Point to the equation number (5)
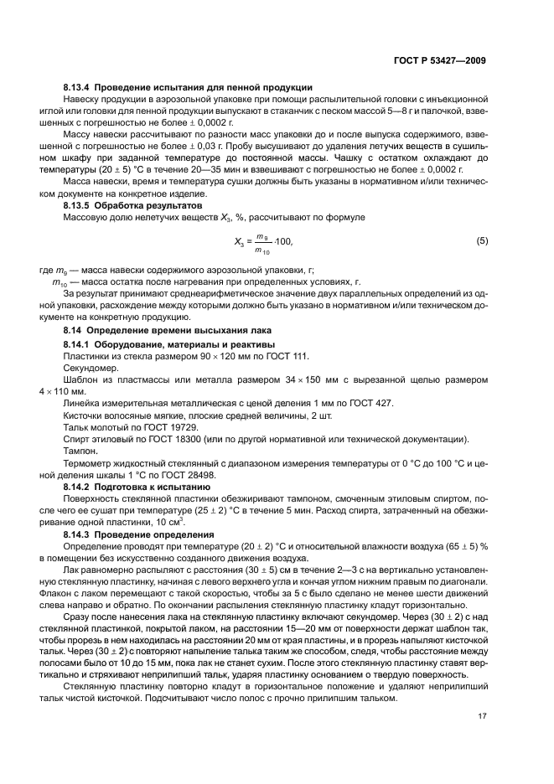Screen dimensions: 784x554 (x=482, y=241)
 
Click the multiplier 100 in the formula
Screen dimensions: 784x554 (x=283, y=242)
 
